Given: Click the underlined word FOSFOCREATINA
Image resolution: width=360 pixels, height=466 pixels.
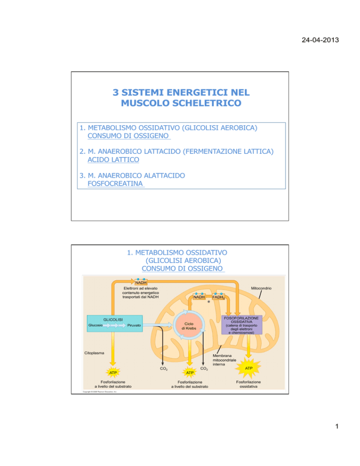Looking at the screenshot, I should point(115,184).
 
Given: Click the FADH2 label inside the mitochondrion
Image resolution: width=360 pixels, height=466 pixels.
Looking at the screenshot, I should point(218,297).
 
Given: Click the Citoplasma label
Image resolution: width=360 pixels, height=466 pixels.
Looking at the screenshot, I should point(95,353).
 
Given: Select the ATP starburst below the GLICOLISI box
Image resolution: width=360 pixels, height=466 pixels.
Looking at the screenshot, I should point(112,372).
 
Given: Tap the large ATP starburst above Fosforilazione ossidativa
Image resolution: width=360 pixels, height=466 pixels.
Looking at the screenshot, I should point(249,368).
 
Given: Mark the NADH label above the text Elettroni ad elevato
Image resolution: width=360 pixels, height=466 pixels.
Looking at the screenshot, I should point(141,282).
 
